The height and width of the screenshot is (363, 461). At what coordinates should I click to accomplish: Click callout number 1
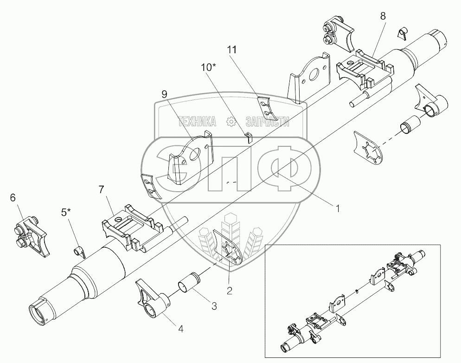coord(338,208)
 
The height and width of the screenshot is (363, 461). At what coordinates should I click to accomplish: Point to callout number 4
coord(181,329)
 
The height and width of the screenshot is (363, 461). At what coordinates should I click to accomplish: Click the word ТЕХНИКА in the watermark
coord(196,122)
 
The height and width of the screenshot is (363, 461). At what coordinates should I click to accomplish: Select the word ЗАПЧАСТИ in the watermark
coord(267,122)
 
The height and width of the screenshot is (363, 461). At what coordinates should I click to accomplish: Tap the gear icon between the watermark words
coord(230,122)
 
